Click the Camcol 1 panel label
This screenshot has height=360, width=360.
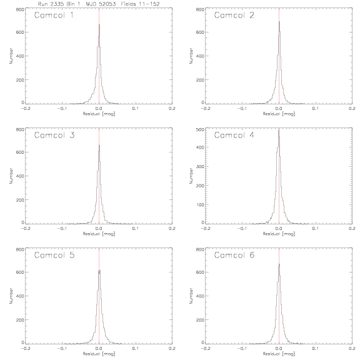[x=54, y=15]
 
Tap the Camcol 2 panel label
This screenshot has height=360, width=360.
[x=234, y=15]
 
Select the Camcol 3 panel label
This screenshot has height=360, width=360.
[x=54, y=135]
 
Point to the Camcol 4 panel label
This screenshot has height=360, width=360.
[x=234, y=135]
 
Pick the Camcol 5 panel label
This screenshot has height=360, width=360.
[x=54, y=255]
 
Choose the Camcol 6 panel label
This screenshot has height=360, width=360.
[x=234, y=255]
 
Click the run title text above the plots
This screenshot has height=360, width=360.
[x=99, y=4]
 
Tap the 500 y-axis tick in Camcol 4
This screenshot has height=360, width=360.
[x=200, y=129]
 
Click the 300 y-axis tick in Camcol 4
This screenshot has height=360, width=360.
[x=200, y=166]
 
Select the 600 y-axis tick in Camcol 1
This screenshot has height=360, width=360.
[x=20, y=32]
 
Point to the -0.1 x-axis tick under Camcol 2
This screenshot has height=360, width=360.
[x=241, y=108]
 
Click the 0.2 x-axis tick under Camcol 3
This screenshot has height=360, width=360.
[x=172, y=229]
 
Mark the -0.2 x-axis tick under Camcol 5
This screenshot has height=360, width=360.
[x=25, y=349]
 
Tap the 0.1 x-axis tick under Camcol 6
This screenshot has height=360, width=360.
[x=316, y=349]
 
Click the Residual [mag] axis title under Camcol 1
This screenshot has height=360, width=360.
[x=99, y=114]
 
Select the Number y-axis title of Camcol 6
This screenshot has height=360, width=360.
[x=191, y=296]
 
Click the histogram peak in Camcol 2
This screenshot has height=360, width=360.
[x=279, y=22]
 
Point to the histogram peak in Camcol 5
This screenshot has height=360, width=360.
[x=99, y=271]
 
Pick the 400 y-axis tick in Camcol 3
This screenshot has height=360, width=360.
[x=20, y=176]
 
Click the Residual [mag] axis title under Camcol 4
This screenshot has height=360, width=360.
[x=279, y=234]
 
